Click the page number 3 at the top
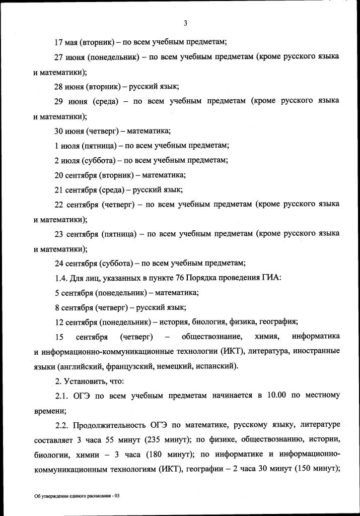(x=185, y=23)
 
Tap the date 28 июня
(x=69, y=86)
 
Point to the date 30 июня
(x=69, y=131)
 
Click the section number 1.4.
(x=60, y=278)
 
